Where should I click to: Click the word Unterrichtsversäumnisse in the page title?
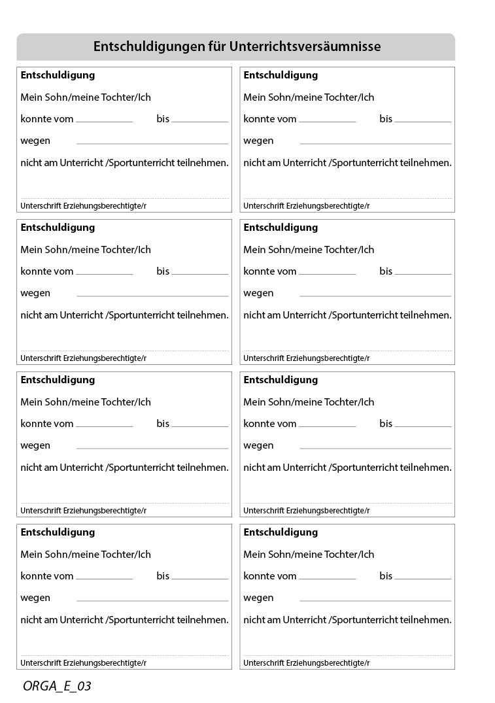[305, 47]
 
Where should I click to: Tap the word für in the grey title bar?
[215, 47]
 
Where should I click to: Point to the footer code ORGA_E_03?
[57, 686]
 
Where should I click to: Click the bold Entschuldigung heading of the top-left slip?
[58, 75]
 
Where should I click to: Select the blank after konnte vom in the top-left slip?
[105, 121]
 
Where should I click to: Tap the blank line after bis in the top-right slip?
[422, 121]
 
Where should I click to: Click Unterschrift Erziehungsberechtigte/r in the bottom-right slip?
[306, 662]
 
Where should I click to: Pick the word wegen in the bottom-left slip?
[35, 598]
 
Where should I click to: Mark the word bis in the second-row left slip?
[163, 271]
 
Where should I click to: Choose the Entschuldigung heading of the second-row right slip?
[281, 228]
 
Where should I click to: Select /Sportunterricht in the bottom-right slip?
[363, 620]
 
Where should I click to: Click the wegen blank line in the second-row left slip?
[152, 295]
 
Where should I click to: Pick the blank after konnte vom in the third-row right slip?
[328, 426]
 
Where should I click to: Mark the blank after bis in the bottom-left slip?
[199, 578]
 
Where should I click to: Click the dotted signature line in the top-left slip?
[125, 198]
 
